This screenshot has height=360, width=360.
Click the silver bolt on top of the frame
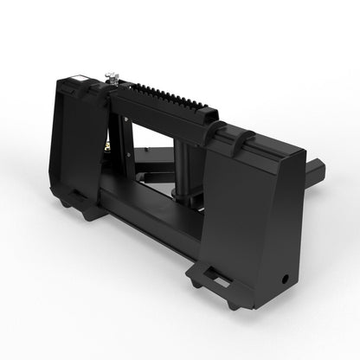pyautogui.click(x=112, y=80)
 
